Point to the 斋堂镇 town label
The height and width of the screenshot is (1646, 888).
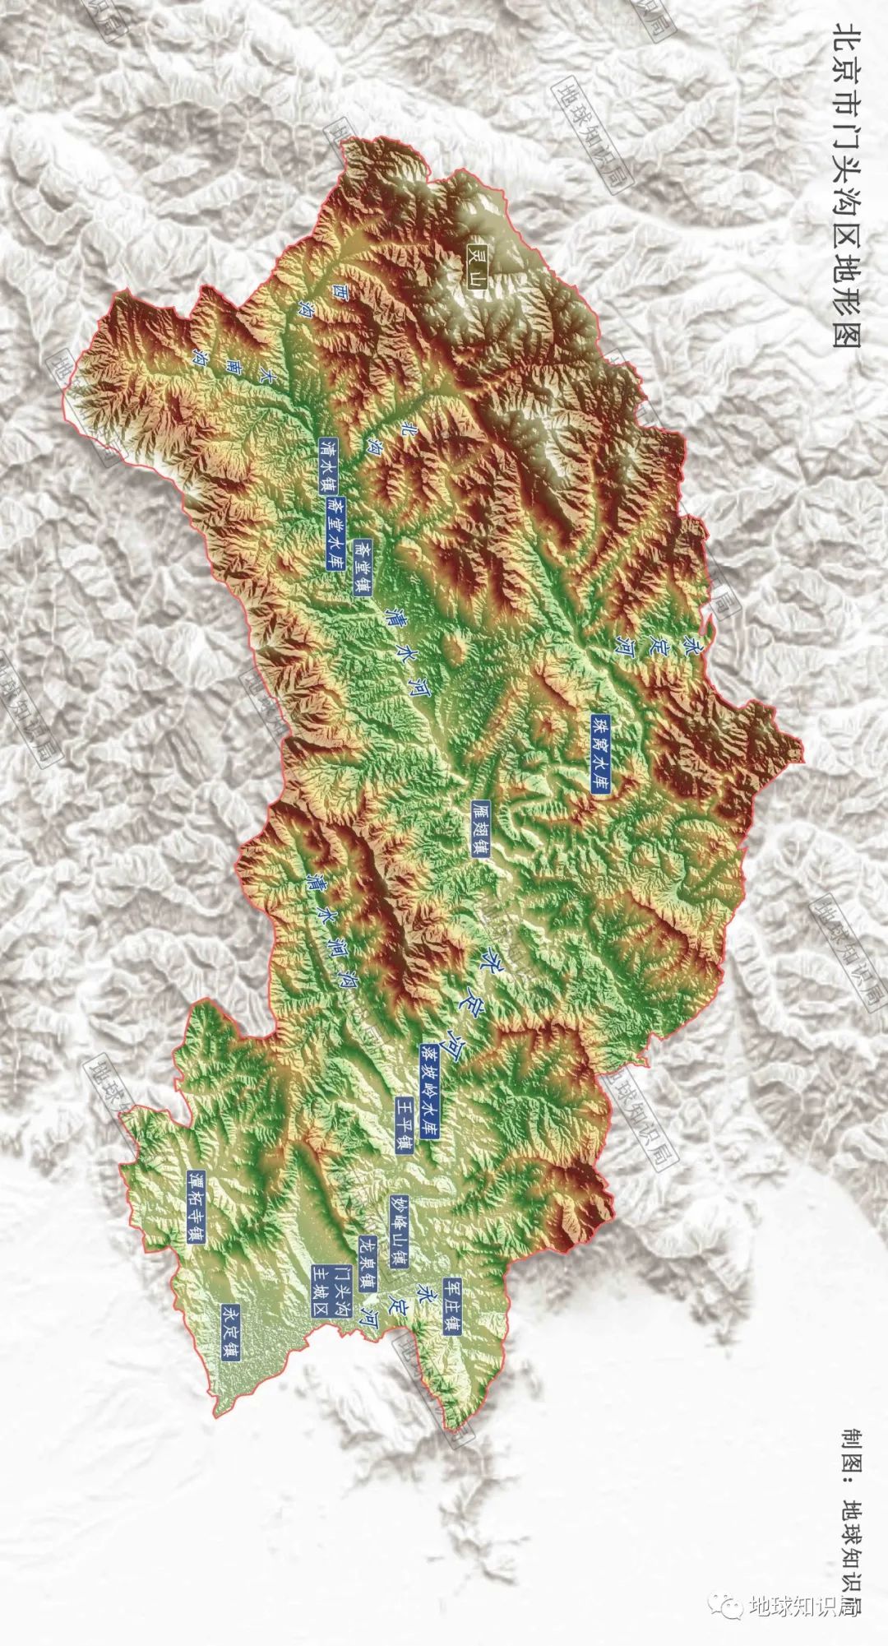363,567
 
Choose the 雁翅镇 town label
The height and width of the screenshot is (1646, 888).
481,828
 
